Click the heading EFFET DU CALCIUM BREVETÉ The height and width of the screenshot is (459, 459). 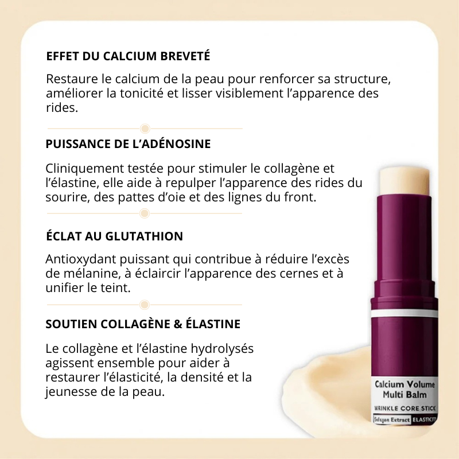128,56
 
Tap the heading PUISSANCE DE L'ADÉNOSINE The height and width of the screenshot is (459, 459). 128,144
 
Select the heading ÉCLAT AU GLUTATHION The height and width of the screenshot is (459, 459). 114,236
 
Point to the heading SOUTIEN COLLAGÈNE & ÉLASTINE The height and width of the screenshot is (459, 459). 143,324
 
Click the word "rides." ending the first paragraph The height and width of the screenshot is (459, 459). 62,108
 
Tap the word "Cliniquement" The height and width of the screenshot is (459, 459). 84,169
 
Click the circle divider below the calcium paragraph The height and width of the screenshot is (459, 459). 145,129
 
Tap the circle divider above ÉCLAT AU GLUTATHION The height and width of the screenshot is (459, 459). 145,213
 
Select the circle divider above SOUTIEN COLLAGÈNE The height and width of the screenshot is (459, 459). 145,305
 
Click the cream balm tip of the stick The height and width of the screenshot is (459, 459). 405,182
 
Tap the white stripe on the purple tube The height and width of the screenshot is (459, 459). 404,314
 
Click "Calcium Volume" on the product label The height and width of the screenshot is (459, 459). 405,384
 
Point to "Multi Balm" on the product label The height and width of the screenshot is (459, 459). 404,395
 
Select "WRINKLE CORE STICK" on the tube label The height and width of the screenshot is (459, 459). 405,409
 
